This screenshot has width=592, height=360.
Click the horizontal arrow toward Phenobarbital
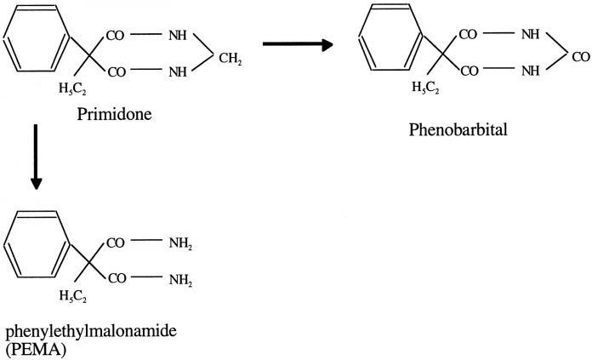(x=297, y=44)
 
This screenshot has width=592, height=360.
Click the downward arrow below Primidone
(x=36, y=157)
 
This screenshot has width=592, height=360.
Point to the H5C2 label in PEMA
(x=73, y=294)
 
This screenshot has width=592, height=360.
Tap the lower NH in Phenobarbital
(x=529, y=72)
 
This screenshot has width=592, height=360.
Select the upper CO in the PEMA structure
(x=116, y=243)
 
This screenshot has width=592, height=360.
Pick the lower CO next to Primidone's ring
(x=116, y=72)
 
